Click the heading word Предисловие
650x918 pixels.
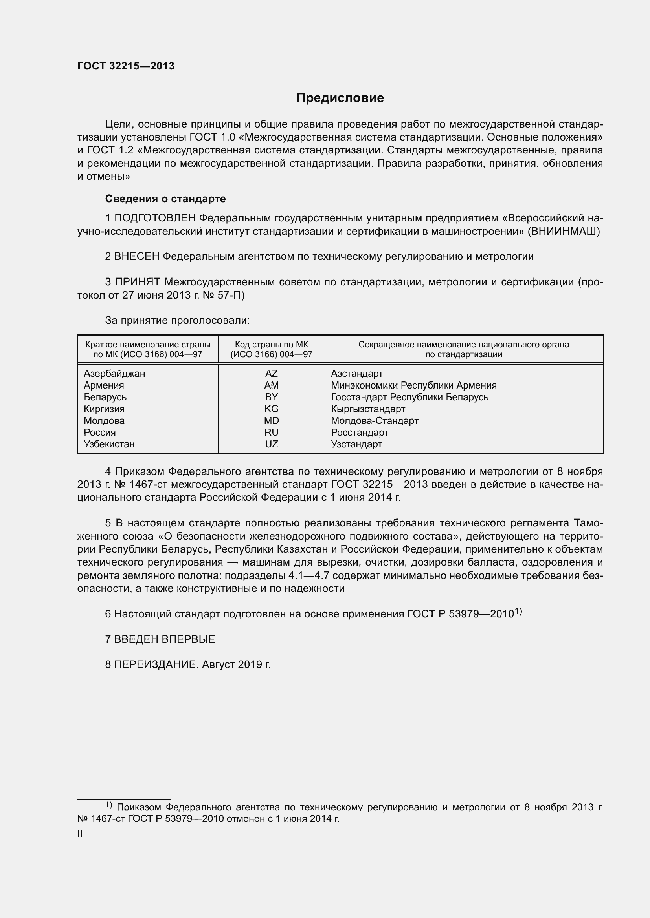tap(340, 98)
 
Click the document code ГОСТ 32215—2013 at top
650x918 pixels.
tap(126, 66)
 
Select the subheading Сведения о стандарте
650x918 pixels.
tap(165, 199)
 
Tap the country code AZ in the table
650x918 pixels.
tap(272, 373)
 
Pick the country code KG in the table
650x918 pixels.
tap(272, 409)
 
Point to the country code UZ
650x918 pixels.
tap(272, 444)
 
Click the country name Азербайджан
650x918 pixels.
tap(114, 373)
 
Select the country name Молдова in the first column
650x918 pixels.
tap(104, 421)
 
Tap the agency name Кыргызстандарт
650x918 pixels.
tap(368, 409)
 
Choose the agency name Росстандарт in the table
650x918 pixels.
tap(360, 432)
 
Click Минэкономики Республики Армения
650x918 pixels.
tap(413, 385)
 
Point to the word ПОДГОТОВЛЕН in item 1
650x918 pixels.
tap(155, 218)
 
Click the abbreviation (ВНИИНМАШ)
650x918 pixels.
tap(564, 231)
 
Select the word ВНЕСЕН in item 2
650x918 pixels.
tap(137, 256)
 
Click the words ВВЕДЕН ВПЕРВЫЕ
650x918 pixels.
tap(165, 639)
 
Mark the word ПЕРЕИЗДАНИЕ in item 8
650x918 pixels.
tap(156, 664)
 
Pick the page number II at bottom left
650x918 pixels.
tap(80, 834)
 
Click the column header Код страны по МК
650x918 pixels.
tap(272, 345)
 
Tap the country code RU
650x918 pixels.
tap(272, 432)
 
